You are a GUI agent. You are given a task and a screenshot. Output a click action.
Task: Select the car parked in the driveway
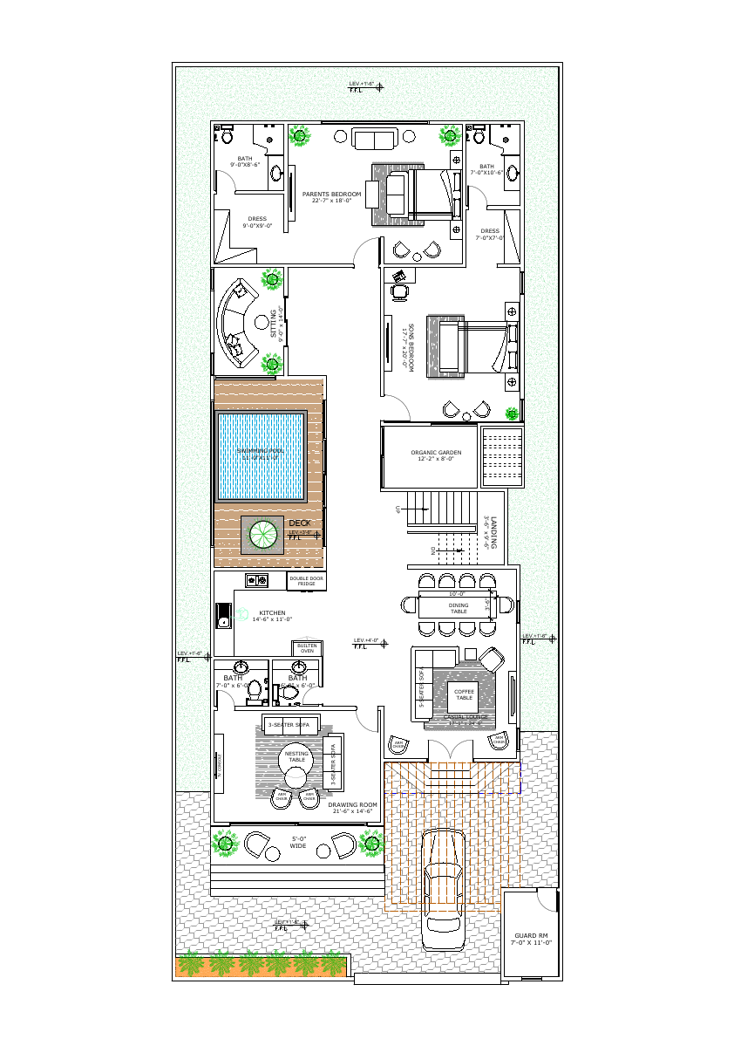(x=443, y=891)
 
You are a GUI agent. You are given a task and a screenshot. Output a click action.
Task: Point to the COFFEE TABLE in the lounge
(x=464, y=694)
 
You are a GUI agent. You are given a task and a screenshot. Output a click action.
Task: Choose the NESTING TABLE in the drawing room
(x=296, y=756)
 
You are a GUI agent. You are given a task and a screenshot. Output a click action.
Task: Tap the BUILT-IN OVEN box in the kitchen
(x=307, y=648)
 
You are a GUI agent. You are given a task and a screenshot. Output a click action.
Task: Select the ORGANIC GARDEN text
(x=436, y=453)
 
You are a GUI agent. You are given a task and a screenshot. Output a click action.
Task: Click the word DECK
(x=299, y=523)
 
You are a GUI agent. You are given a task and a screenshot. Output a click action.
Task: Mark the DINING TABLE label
(x=459, y=608)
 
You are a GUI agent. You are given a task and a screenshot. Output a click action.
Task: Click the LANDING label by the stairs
(x=493, y=532)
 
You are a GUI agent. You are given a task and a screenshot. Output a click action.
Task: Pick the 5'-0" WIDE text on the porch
(x=298, y=842)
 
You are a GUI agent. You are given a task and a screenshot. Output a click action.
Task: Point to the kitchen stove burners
(x=258, y=580)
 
